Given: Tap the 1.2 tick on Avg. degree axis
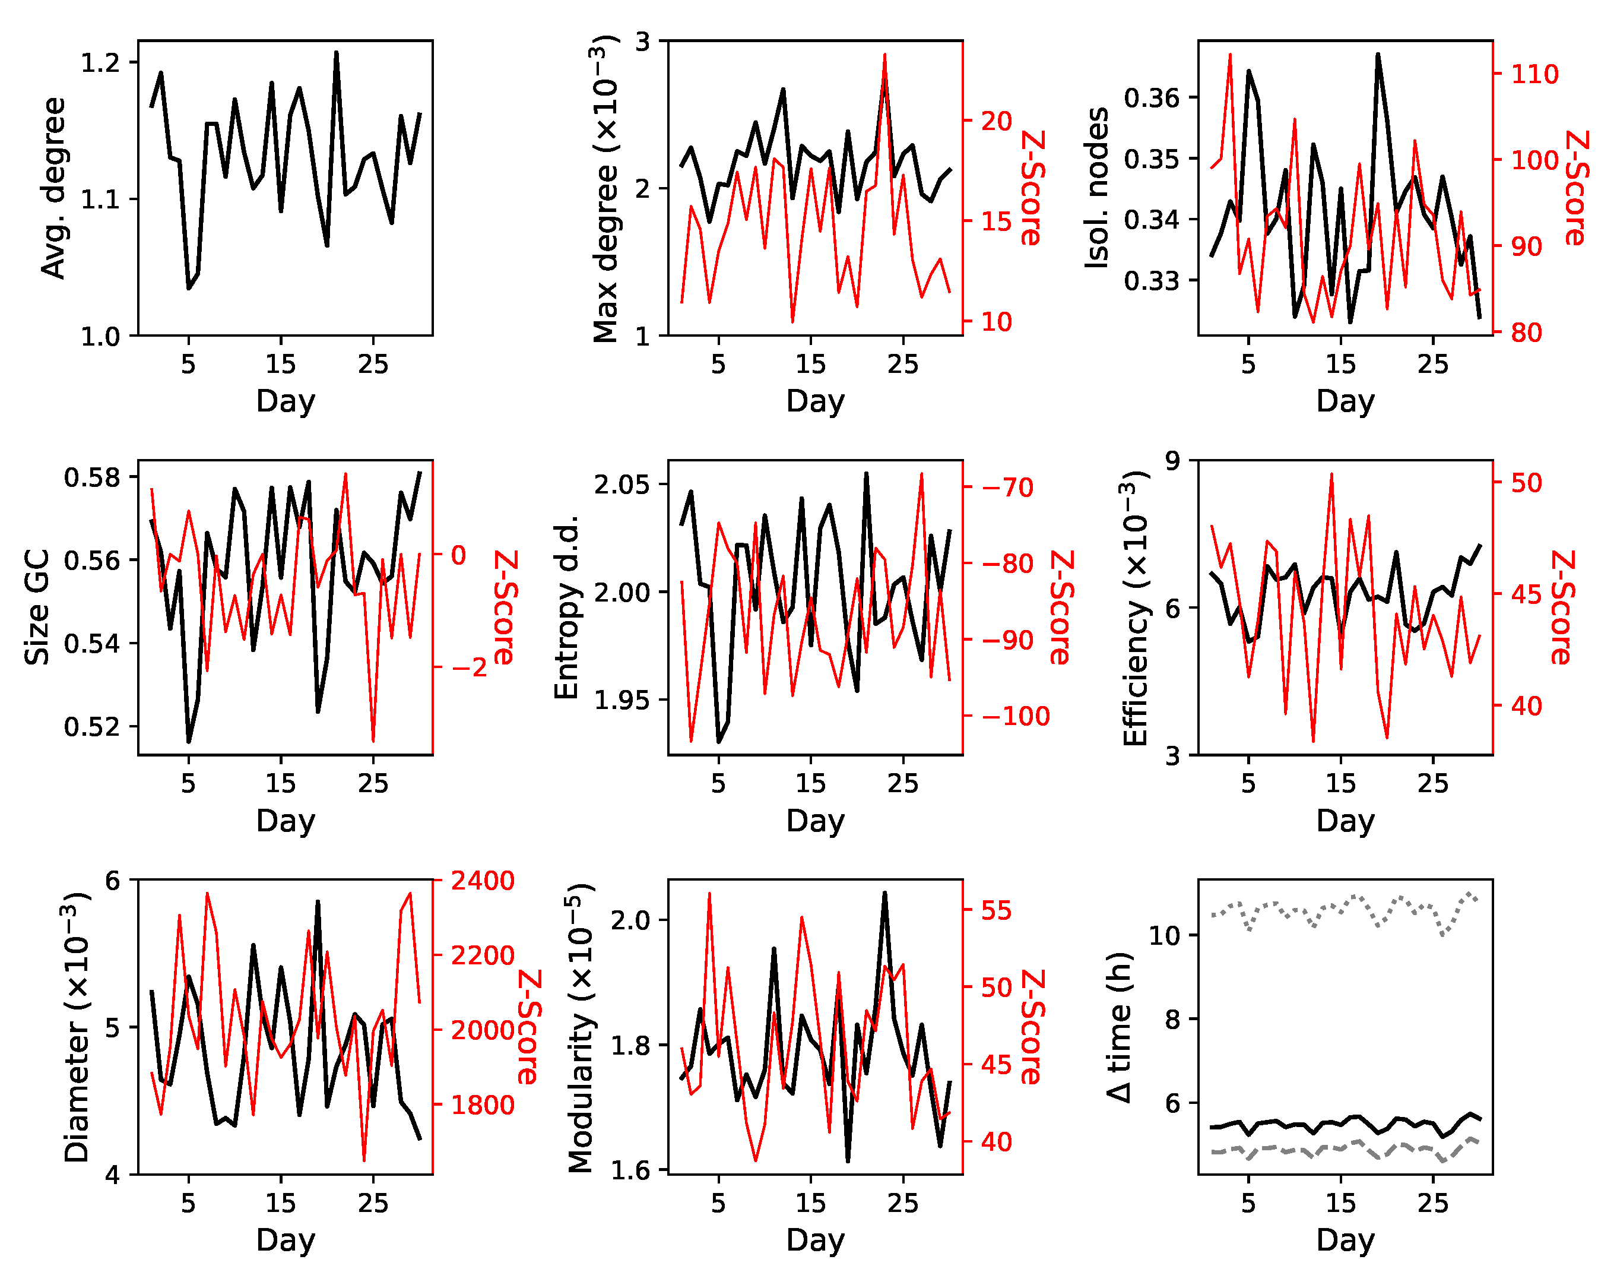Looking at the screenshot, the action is click(100, 62).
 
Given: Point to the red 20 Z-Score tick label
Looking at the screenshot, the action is click(997, 121).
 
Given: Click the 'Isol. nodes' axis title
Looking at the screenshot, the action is click(1096, 188).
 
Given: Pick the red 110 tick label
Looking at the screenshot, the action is click(1534, 74).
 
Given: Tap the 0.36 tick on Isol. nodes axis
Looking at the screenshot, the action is click(1151, 97).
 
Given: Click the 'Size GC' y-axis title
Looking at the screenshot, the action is click(37, 607).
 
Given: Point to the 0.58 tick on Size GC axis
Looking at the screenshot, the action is click(92, 477).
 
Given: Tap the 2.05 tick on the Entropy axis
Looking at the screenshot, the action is click(622, 485).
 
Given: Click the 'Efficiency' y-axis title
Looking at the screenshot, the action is click(1136, 608).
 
